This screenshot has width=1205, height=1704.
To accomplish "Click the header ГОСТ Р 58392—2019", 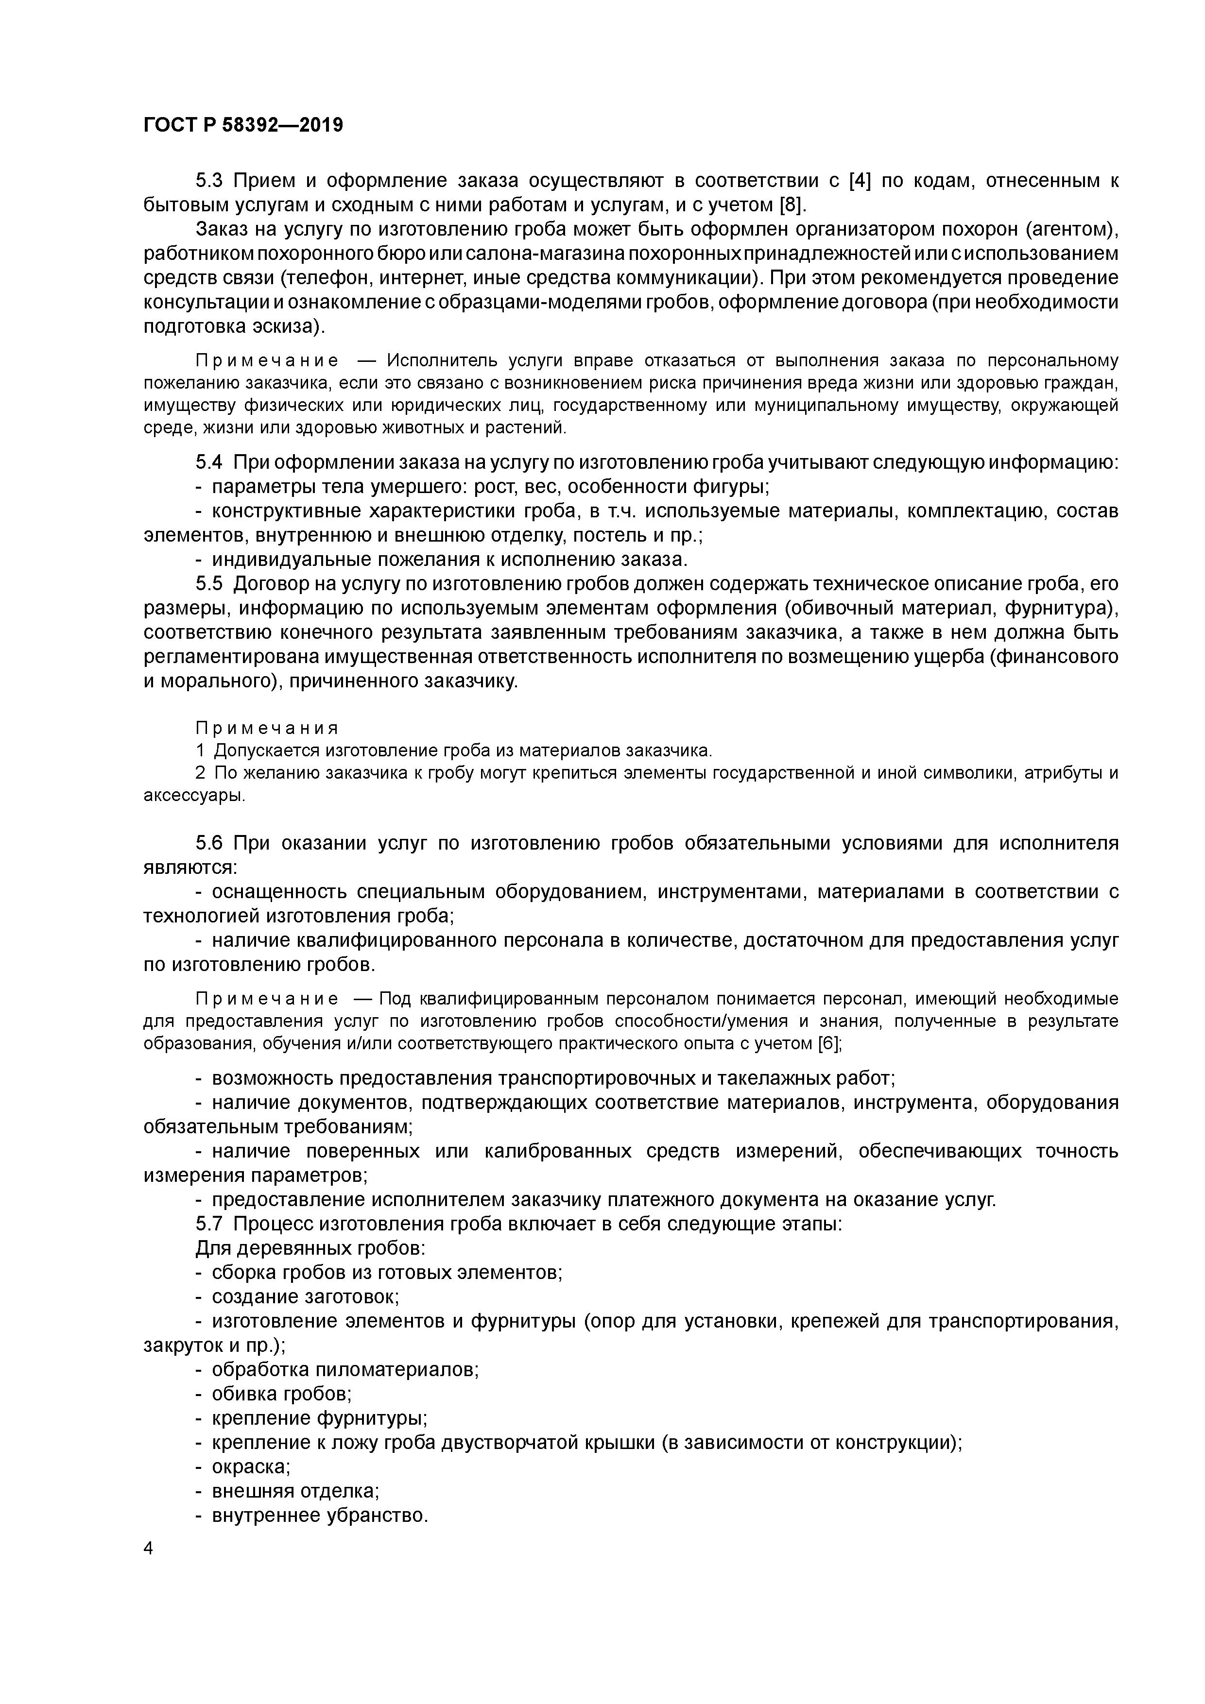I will pyautogui.click(x=243, y=125).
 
